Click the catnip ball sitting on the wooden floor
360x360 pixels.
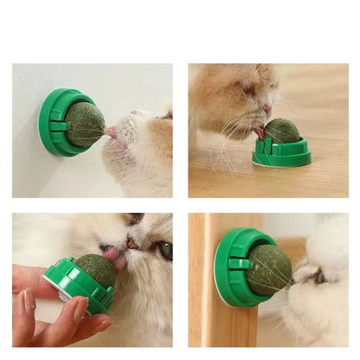point(281,132)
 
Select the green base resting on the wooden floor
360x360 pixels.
point(281,156)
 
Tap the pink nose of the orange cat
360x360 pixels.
point(267,109)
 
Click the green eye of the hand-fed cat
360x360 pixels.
point(164,250)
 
